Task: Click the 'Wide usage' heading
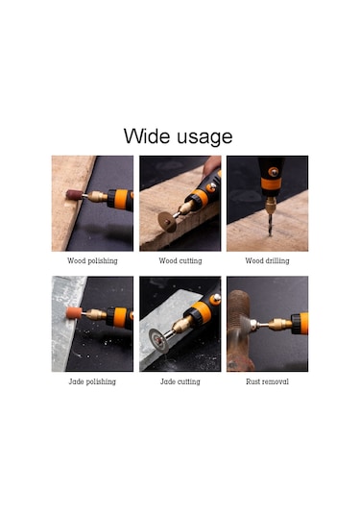(178, 136)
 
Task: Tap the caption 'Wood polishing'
(92, 261)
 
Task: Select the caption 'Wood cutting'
(180, 261)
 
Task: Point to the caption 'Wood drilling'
(267, 261)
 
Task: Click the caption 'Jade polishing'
(92, 381)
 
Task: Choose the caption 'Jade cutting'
(180, 381)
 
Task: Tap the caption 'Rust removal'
(267, 381)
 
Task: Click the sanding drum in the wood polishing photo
(74, 194)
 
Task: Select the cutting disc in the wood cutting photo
(167, 222)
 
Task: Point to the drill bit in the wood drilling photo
(270, 224)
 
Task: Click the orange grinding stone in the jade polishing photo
(74, 313)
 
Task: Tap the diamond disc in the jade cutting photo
(158, 341)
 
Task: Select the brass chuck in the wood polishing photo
(98, 196)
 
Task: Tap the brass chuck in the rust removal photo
(280, 325)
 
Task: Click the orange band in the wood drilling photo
(272, 184)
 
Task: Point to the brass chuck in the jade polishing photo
(97, 315)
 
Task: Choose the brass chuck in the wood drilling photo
(271, 206)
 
